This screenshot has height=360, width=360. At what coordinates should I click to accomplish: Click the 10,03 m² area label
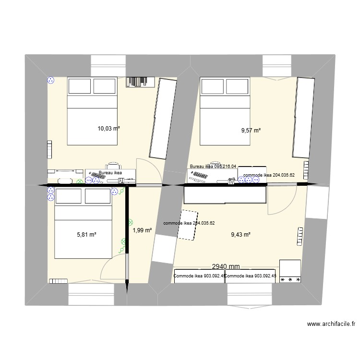click(108, 129)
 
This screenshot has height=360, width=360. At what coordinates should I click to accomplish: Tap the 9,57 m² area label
click(251, 130)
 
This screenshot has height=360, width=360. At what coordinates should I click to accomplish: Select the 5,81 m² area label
click(87, 235)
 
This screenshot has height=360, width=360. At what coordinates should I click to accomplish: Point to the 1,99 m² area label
click(142, 230)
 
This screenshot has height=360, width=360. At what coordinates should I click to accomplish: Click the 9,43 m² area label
click(241, 235)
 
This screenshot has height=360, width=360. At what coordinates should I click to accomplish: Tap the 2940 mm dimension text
click(226, 267)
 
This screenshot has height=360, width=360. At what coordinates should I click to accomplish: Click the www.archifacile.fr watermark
click(330, 324)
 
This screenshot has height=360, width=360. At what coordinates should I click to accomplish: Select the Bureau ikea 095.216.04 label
click(213, 167)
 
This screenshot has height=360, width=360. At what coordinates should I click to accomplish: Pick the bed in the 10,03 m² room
click(92, 111)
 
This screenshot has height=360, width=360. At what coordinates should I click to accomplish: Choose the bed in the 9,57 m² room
click(225, 111)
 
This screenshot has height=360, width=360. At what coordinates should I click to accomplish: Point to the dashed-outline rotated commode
click(189, 225)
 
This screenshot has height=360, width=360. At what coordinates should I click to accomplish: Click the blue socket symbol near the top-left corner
click(50, 81)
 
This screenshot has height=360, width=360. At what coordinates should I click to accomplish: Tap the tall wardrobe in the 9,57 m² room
click(303, 117)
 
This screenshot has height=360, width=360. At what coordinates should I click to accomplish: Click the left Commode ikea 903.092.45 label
click(199, 276)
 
